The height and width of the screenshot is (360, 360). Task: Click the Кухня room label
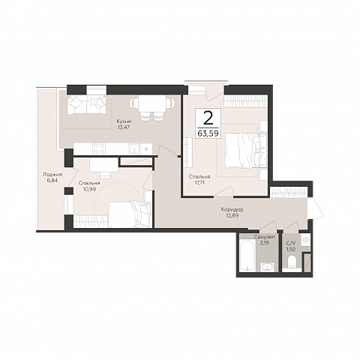tap(124, 121)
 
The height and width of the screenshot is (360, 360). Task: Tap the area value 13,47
tap(124, 127)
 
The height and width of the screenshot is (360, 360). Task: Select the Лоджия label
tap(52, 175)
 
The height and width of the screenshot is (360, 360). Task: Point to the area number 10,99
tap(89, 189)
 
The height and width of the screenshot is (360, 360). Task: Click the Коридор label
tap(232, 209)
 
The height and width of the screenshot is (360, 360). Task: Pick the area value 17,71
tap(199, 182)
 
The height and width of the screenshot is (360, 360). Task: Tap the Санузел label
tap(264, 237)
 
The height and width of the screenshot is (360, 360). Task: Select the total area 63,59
tap(208, 133)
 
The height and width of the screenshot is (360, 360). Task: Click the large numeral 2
tap(208, 118)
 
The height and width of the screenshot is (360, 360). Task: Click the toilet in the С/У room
tap(292, 262)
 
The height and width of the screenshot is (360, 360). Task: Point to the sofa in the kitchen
tap(86, 105)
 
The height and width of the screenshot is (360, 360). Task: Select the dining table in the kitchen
tap(152, 104)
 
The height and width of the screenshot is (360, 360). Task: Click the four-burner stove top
tap(99, 148)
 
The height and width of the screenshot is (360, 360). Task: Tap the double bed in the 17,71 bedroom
tap(246, 151)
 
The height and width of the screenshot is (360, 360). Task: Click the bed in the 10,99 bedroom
tap(130, 214)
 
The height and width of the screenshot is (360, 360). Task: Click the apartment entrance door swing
tap(316, 208)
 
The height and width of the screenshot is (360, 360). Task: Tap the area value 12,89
tap(232, 215)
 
